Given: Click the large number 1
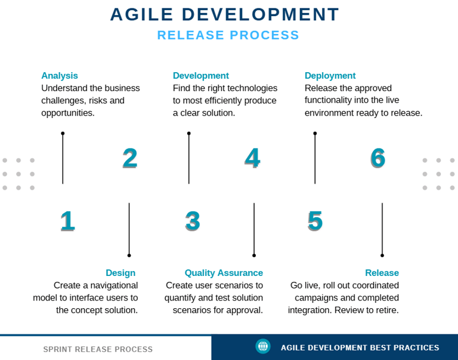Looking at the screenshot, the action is (x=67, y=221).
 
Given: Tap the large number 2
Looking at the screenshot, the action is (x=129, y=158).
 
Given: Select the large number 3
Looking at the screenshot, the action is (x=193, y=221).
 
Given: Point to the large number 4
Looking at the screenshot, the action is (x=252, y=158).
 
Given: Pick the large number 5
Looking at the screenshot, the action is (x=315, y=221).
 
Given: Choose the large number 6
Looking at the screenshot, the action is (x=378, y=158).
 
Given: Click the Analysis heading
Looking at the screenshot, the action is (x=60, y=76).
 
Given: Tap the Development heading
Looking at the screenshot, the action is (x=200, y=76).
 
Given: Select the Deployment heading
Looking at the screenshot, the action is (x=330, y=76).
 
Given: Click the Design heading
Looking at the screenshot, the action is (x=120, y=273).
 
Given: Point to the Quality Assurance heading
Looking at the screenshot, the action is (x=224, y=273).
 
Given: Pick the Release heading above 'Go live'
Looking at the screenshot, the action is (x=382, y=273).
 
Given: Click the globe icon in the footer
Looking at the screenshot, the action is (x=263, y=346).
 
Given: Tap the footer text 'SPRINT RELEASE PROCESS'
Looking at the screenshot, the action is (x=98, y=349).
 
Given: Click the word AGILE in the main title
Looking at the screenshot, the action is (x=142, y=14).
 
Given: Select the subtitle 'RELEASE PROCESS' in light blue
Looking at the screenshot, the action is (x=228, y=35).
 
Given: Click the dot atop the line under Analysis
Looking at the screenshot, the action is (x=63, y=134).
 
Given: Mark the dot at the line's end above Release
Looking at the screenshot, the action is (x=382, y=256).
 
